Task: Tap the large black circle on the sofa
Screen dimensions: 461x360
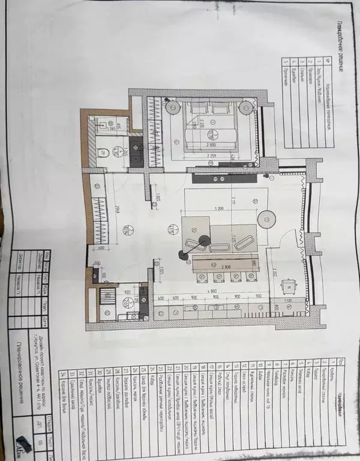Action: point(205,240)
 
